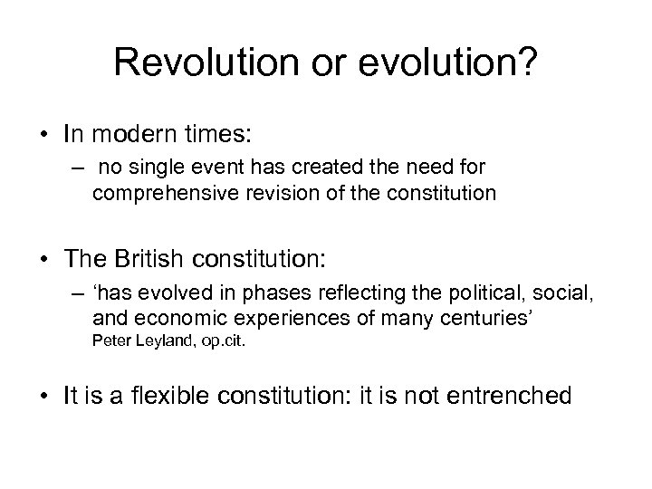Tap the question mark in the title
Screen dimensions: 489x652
528,65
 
